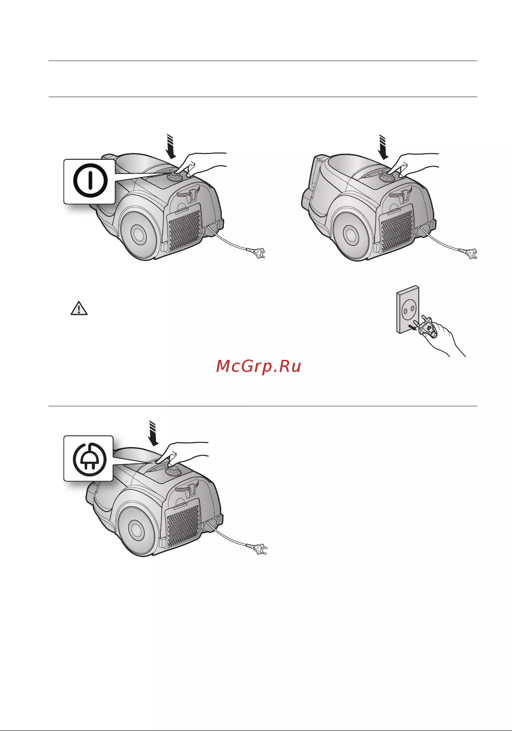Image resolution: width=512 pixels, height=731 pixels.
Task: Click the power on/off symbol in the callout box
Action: pyautogui.click(x=90, y=180)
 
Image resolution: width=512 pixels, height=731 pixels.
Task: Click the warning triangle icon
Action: pyautogui.click(x=79, y=308)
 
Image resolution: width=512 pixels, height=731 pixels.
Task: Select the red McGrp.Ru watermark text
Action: pyautogui.click(x=259, y=366)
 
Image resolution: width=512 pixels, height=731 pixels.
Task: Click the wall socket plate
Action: pyautogui.click(x=408, y=310)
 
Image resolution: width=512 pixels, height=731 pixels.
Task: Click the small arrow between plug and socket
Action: pyautogui.click(x=414, y=327)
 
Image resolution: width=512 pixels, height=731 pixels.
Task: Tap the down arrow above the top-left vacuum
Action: pyautogui.click(x=171, y=146)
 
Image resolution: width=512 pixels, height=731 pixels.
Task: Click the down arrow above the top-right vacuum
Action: pyautogui.click(x=383, y=147)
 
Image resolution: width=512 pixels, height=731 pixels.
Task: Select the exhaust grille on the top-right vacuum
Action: pyautogui.click(x=397, y=231)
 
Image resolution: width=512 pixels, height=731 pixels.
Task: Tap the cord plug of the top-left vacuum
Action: pyautogui.click(x=256, y=253)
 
